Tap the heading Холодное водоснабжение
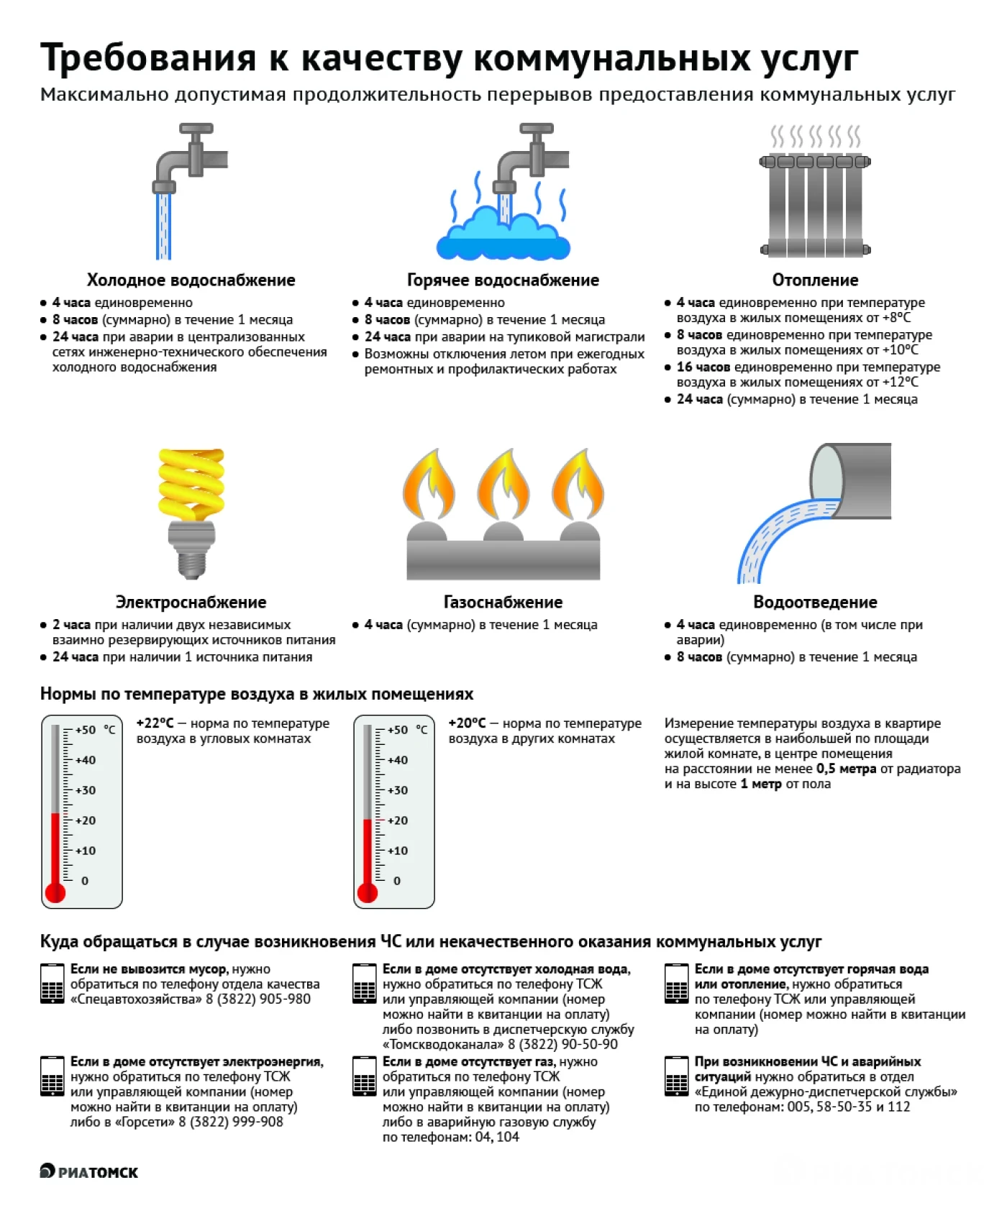(191, 280)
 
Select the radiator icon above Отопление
(815, 204)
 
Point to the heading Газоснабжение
(503, 602)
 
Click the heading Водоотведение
(815, 602)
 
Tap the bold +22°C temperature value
(155, 723)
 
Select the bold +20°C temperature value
(468, 723)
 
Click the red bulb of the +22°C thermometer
(55, 892)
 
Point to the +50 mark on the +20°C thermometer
(398, 730)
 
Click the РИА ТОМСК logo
(89, 1171)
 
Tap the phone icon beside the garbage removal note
(53, 984)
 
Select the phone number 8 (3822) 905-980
(258, 999)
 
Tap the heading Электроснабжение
(191, 602)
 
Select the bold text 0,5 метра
(847, 769)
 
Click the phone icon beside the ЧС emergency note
(677, 1076)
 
